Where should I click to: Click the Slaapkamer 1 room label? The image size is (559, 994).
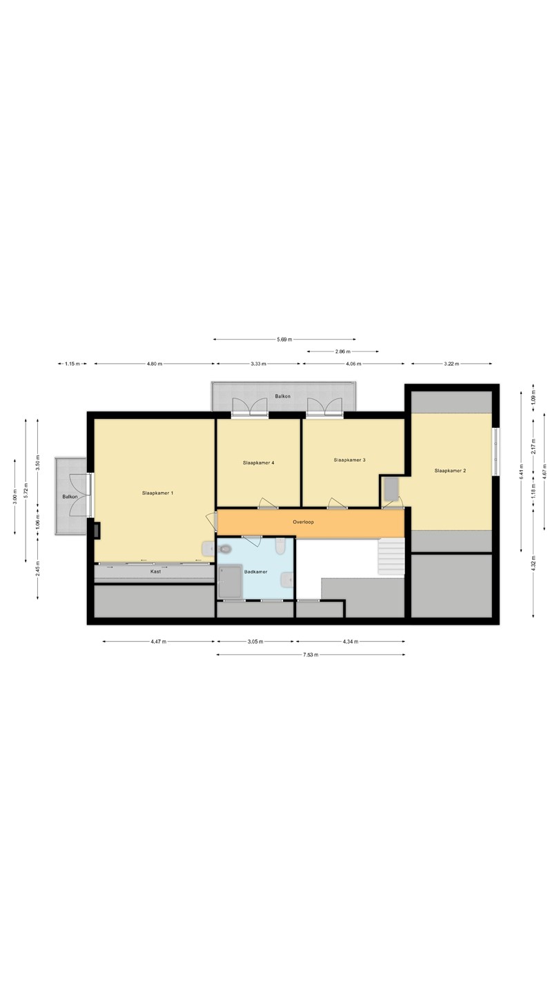coord(157,493)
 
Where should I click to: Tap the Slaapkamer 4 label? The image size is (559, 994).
coord(258,462)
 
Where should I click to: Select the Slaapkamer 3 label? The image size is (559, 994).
coord(350,460)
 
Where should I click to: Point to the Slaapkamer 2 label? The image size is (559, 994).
coord(450,471)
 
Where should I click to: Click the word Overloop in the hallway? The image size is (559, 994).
coord(304,523)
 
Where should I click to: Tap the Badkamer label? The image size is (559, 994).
coord(256,572)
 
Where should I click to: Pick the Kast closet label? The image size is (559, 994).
coord(156,572)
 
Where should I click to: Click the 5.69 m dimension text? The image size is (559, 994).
coord(285,340)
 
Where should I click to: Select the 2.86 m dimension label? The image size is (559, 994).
coord(343,351)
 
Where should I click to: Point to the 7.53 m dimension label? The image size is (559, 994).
coord(311,654)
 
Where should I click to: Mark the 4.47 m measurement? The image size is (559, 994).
coord(159,641)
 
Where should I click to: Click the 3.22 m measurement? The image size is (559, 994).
coord(451,364)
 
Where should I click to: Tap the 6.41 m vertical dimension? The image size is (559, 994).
coord(521,471)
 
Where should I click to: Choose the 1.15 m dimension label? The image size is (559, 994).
coord(72,364)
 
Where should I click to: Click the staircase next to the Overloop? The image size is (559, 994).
coord(391,557)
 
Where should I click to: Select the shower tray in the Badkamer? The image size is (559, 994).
coord(231,581)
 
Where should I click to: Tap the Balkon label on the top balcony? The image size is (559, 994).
coord(283,396)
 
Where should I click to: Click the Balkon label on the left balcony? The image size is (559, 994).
coord(70,496)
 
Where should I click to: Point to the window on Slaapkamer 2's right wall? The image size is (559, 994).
coord(496,451)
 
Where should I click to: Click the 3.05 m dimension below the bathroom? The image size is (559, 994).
coord(255,641)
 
